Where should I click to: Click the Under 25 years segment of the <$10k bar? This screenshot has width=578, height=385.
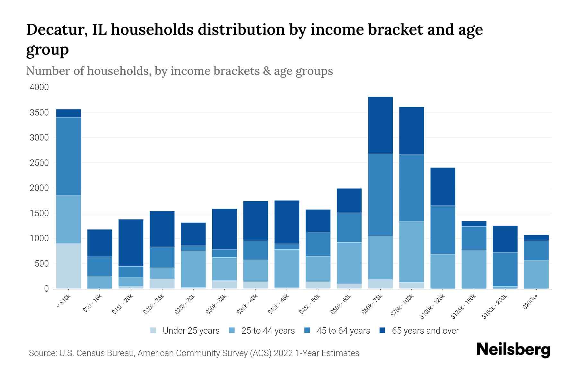coord(68,266)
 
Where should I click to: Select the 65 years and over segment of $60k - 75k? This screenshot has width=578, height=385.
coord(380,125)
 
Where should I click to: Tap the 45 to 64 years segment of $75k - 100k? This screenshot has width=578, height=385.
coord(411,188)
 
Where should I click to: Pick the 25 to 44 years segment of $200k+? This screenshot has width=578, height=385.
coord(536,274)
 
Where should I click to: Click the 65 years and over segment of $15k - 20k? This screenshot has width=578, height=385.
coord(131,243)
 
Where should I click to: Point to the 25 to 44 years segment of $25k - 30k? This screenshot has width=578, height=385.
coord(193,269)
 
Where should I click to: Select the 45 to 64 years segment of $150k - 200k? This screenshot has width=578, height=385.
coord(505,269)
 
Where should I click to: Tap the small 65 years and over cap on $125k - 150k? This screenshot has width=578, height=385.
coord(474,224)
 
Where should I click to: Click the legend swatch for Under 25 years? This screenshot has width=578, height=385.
coord(153,330)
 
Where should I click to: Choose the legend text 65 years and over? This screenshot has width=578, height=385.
coord(425,331)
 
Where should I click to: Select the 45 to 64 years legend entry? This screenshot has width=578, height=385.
coord(343,331)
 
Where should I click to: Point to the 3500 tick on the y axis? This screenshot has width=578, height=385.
coord(39,113)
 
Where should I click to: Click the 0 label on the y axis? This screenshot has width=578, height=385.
coord(46,289)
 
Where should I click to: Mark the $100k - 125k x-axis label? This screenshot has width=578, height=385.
coord(432,307)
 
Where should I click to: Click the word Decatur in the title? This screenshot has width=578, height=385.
coord(56,30)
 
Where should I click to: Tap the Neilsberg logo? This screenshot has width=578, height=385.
coord(513,350)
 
